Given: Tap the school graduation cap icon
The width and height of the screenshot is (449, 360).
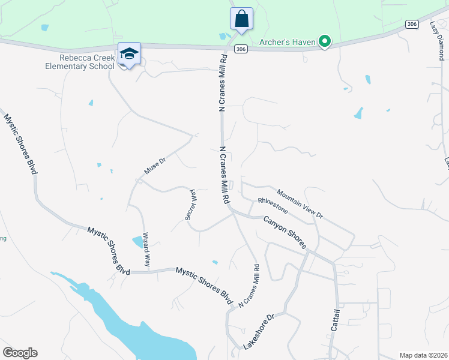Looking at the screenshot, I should coord(129,54).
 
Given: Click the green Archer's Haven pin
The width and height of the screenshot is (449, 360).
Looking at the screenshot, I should coord(325,41).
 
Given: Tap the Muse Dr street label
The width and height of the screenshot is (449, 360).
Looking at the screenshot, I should coord(154,167).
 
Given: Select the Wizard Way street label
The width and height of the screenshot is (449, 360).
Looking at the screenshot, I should coord(146,250).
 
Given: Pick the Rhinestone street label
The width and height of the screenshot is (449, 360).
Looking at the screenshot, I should coord(273,206).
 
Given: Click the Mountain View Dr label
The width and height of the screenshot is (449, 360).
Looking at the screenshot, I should coord(300,204).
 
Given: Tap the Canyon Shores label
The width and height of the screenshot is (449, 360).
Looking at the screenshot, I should coord(285,232).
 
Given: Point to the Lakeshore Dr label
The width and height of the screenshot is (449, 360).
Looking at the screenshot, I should coord(262,331).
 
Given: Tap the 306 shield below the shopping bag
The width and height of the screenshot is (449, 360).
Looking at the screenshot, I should coord(240,49).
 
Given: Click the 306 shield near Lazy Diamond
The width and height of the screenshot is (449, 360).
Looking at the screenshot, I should coord(411,24).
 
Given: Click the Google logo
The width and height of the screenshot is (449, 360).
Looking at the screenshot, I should coord(20,353).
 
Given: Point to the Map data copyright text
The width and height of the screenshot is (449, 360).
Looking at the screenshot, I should coord(423,355).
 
